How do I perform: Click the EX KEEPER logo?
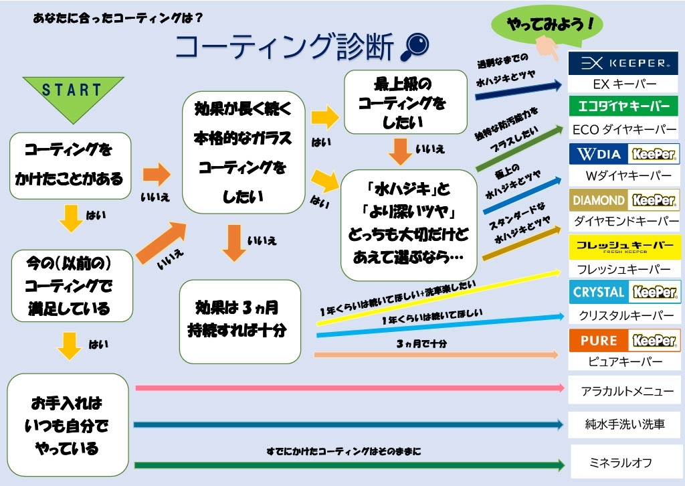(x=623, y=64)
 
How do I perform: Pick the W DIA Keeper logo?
(x=623, y=154)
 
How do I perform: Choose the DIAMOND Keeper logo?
(x=623, y=199)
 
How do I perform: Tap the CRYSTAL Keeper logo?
(x=623, y=292)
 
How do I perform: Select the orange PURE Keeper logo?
(x=623, y=340)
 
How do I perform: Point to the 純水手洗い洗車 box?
(x=623, y=424)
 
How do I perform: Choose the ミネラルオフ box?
(x=623, y=462)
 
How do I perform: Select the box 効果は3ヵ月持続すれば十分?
(x=239, y=321)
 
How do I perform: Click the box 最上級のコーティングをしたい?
(x=405, y=102)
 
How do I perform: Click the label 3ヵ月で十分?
(x=421, y=344)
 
